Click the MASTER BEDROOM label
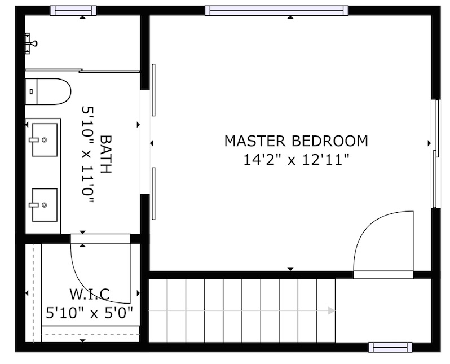pyautogui.click(x=296, y=141)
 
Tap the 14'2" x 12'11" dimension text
pyautogui.click(x=296, y=160)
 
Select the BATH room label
pyautogui.click(x=105, y=154)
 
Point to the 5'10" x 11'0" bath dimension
pyautogui.click(x=87, y=155)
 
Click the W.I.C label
pyautogui.click(x=90, y=294)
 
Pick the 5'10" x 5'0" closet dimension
pyautogui.click(x=90, y=313)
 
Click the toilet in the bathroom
pyautogui.click(x=48, y=91)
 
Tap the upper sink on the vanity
pyautogui.click(x=44, y=140)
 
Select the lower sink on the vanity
pyautogui.click(x=44, y=205)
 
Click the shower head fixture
pyautogui.click(x=30, y=43)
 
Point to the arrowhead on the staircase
pyautogui.click(x=332, y=310)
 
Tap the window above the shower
pyautogui.click(x=73, y=10)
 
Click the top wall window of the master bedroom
pyautogui.click(x=277, y=10)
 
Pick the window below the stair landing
pyautogui.click(x=390, y=347)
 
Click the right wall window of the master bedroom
pyautogui.click(x=436, y=154)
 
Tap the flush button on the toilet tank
pyautogui.click(x=31, y=91)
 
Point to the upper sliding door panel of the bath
pyautogui.click(x=154, y=90)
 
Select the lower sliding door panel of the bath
pyautogui.click(x=154, y=194)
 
